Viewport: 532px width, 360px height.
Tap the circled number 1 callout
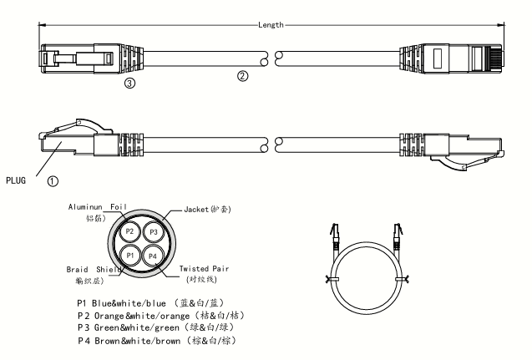52,179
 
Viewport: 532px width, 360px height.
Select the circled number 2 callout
242,76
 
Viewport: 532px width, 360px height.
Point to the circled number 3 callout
129,84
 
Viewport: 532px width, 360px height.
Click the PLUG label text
18,179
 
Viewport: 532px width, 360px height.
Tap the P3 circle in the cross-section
152,231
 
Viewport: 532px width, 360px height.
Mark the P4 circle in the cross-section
152,255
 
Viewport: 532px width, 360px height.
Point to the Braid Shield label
94,270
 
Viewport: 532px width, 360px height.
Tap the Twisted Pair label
204,269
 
